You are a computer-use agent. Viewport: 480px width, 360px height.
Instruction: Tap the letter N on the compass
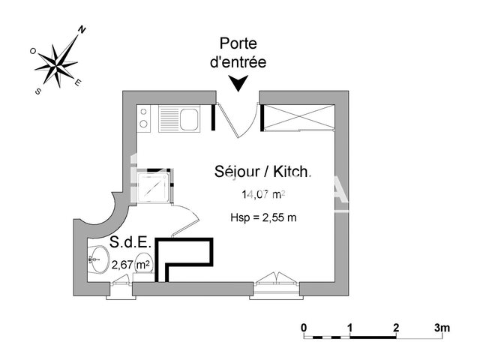(x=82, y=30)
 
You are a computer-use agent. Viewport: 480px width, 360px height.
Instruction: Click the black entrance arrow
(x=238, y=84)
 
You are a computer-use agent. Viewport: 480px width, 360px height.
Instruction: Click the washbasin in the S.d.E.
(x=96, y=262)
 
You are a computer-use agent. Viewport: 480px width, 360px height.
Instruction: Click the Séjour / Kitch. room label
(x=262, y=172)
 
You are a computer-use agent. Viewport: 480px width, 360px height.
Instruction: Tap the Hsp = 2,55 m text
(x=263, y=217)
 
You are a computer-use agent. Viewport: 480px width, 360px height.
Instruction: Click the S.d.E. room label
(x=131, y=243)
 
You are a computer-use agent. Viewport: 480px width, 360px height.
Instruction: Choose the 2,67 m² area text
(x=131, y=264)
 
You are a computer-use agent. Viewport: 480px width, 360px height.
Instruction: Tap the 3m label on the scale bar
(x=441, y=328)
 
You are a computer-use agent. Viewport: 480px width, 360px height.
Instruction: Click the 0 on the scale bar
(x=304, y=328)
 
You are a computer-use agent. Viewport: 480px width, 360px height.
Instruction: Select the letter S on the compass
(x=37, y=90)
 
